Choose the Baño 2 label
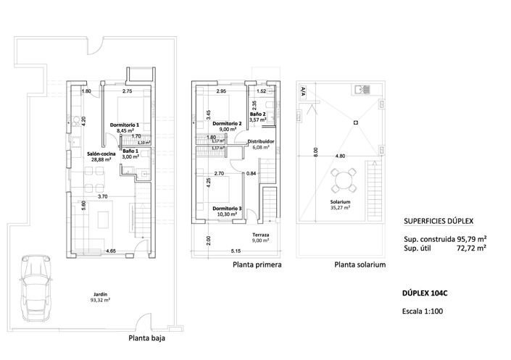258,114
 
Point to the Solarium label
340,202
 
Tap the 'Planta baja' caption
147,338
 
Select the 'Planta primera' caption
257,265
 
